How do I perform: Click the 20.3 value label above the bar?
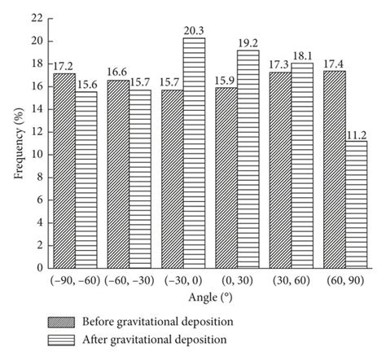tap(194, 31)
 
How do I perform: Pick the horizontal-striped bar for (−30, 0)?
tap(194, 152)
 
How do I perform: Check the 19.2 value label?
tap(248, 43)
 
